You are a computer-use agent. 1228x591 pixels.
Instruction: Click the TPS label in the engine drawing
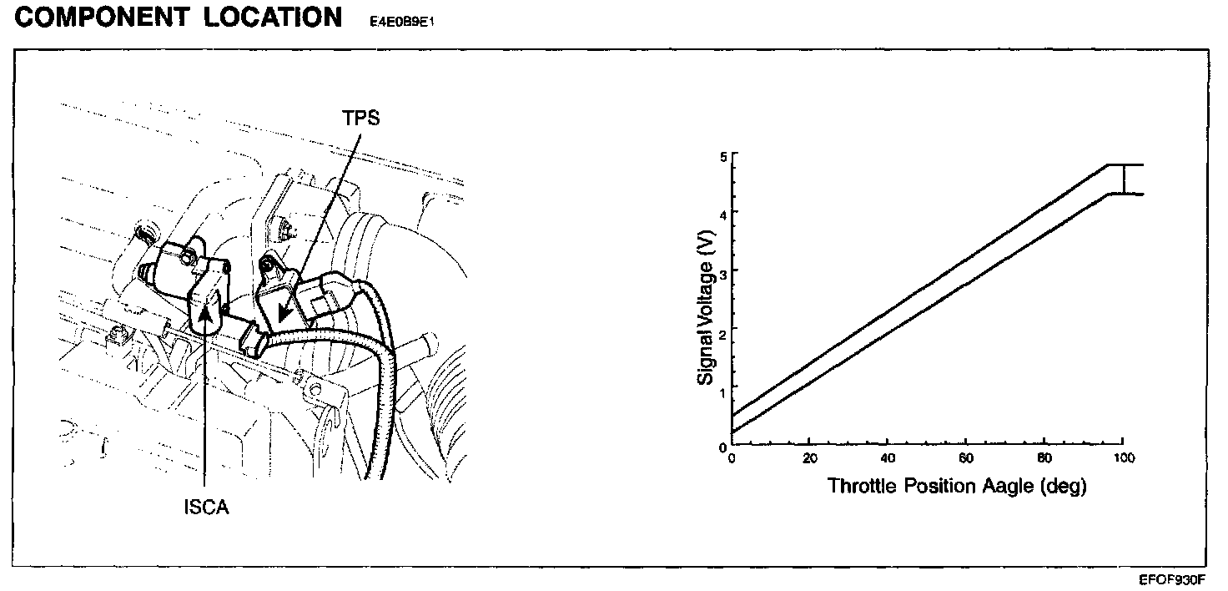coord(360,118)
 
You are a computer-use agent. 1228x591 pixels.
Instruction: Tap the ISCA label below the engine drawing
coord(206,508)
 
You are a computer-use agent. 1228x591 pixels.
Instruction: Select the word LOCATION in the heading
coord(273,17)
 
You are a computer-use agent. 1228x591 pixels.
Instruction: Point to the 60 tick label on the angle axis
coord(965,458)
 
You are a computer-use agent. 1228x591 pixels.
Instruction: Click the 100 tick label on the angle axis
coord(1125,458)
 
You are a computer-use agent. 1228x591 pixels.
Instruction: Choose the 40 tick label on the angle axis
coord(887,458)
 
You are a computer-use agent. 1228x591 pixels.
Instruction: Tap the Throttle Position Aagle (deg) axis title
coord(956,486)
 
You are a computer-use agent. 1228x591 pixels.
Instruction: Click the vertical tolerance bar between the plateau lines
coord(1124,179)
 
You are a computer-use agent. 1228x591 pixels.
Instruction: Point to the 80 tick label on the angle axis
coord(1044,458)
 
